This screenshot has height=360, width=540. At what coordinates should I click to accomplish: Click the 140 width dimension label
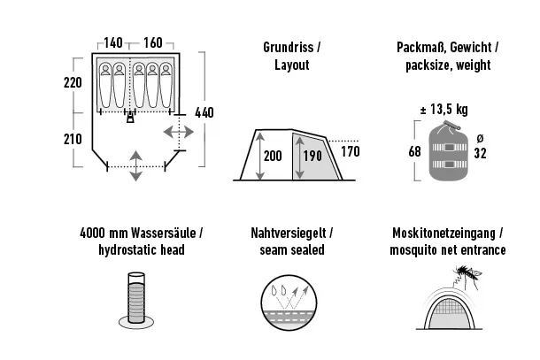112,43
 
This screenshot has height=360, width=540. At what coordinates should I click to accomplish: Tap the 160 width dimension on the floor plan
152,43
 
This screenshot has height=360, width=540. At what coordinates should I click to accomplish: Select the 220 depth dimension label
73,83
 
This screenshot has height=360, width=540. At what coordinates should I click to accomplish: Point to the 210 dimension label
73,139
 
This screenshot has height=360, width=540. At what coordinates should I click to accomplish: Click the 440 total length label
204,112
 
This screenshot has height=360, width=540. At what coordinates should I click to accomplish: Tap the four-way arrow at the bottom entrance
135,165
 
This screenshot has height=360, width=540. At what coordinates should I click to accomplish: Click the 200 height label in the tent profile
272,156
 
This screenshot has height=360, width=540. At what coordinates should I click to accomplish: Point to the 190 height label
310,157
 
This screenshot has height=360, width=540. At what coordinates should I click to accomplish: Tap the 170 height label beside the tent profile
351,151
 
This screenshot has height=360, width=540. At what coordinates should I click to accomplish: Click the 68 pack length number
414,151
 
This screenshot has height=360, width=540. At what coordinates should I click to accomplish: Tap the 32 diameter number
481,152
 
